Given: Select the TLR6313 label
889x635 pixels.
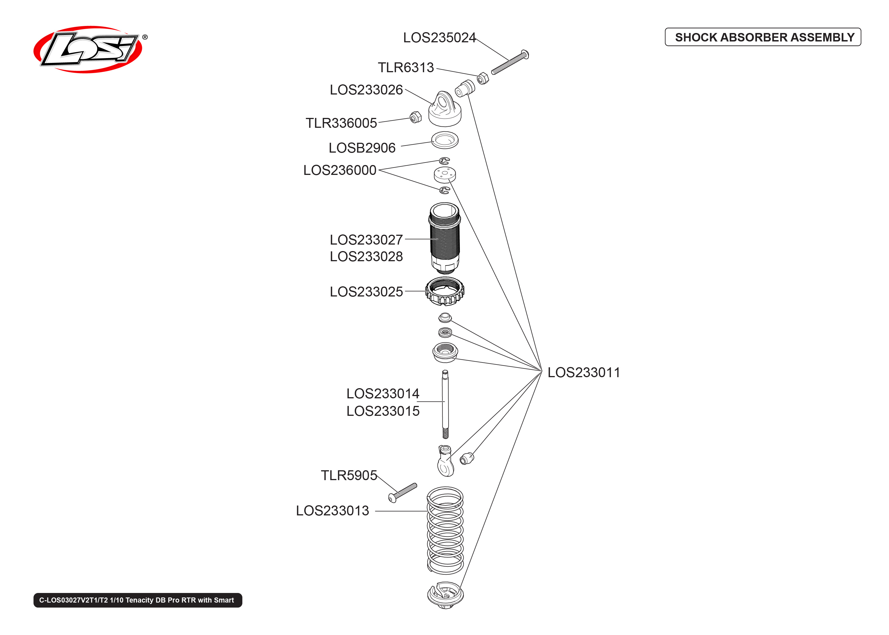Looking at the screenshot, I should [x=405, y=68].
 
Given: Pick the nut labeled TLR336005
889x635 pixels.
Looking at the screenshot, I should [x=415, y=117].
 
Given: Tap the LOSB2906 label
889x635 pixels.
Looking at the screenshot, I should [x=362, y=148].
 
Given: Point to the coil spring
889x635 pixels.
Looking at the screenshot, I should [x=445, y=530].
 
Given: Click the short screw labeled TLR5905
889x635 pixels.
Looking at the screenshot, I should [x=403, y=492].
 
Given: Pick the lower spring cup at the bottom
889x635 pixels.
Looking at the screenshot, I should [x=445, y=595].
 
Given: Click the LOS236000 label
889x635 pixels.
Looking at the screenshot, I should [x=339, y=170].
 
